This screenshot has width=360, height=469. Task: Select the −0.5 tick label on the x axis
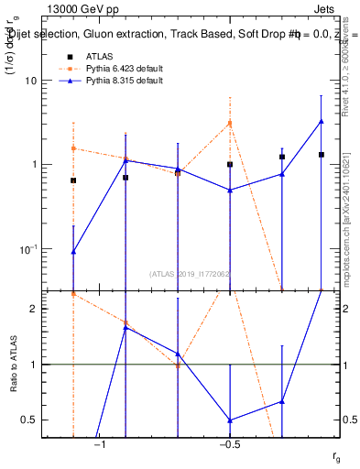click(x=229, y=444)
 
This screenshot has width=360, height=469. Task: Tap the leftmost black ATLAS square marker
click(x=73, y=180)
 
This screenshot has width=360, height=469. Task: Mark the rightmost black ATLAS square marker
click(x=321, y=155)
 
